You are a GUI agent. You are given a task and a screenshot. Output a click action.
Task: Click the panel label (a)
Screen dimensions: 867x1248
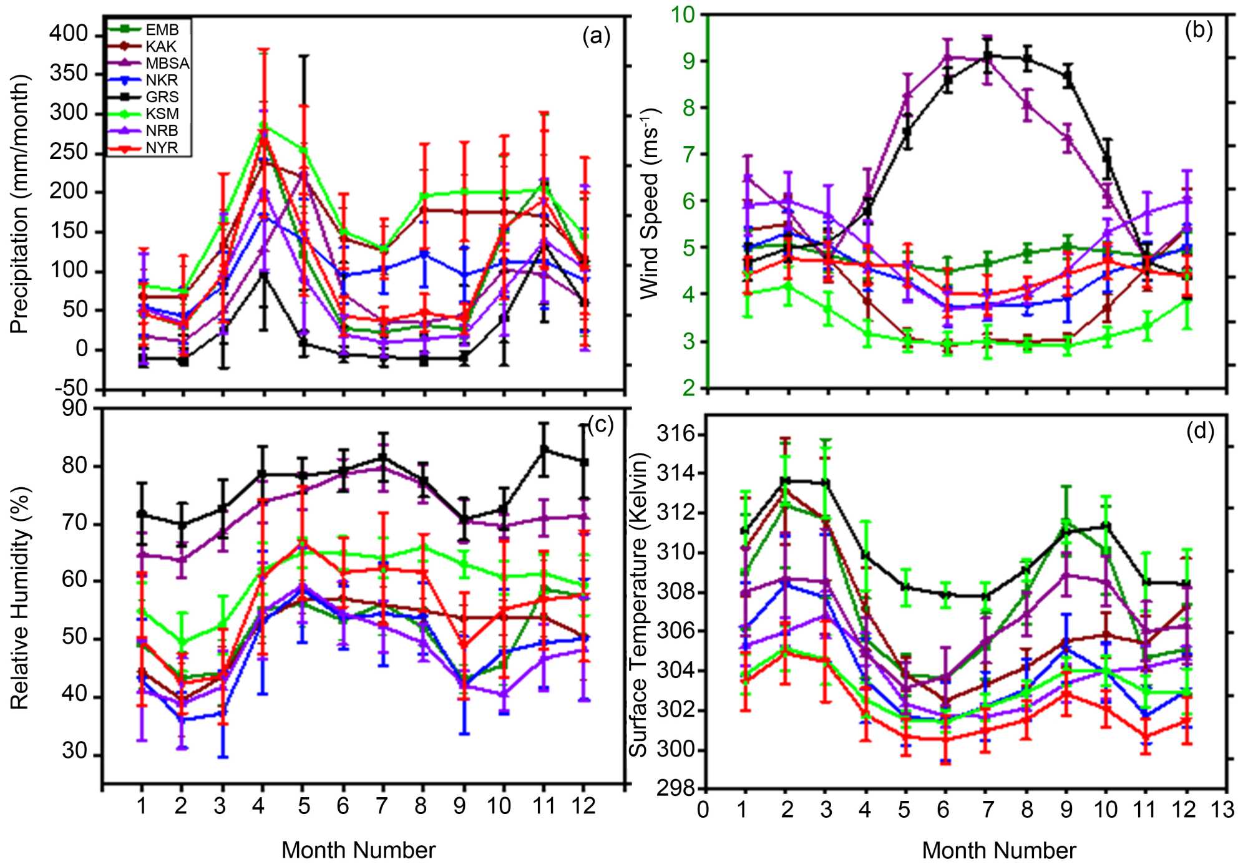click(x=596, y=36)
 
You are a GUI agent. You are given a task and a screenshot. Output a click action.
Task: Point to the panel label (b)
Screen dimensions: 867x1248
click(x=1198, y=29)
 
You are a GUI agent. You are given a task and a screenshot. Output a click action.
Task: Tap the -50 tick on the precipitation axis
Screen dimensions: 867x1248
click(x=71, y=388)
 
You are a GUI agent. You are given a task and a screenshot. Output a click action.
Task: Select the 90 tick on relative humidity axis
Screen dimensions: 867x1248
click(x=74, y=409)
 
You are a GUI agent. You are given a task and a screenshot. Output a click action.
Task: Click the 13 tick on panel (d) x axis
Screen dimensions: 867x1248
click(x=1222, y=810)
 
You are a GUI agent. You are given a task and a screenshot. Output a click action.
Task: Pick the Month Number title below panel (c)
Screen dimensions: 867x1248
click(x=358, y=850)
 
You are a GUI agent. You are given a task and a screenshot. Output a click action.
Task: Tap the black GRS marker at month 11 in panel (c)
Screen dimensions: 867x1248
click(x=544, y=449)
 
